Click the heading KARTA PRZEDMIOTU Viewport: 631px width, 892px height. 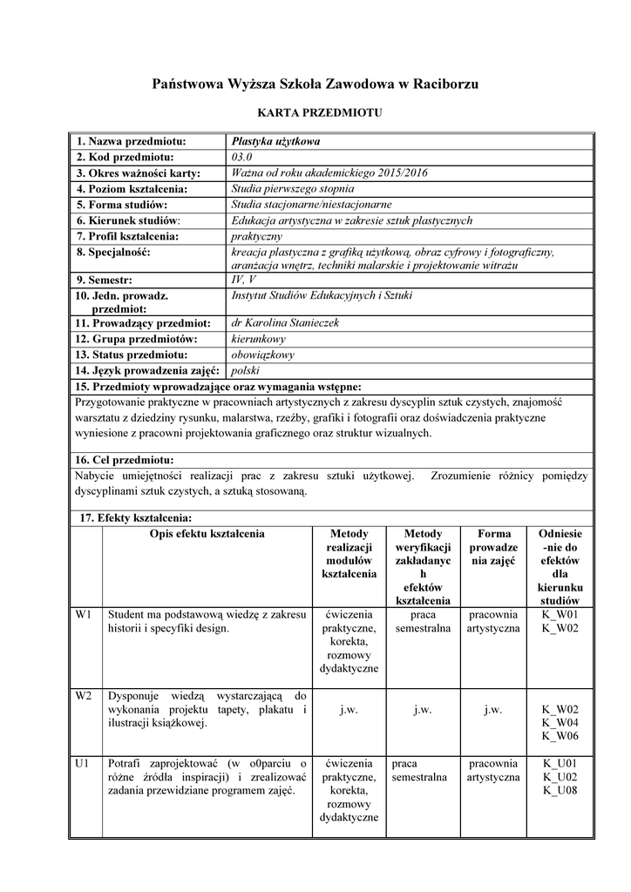click(x=315, y=113)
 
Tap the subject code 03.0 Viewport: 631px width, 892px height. click(x=241, y=157)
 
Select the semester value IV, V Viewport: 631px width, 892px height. click(x=244, y=280)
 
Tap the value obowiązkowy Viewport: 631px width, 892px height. click(x=263, y=355)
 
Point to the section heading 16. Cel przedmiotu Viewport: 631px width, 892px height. click(x=125, y=459)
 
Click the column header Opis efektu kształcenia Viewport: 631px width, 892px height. click(x=207, y=533)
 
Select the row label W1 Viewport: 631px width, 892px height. click(x=84, y=615)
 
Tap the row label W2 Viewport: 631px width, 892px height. click(x=84, y=696)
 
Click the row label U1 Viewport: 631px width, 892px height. click(x=83, y=763)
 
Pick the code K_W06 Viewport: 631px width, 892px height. click(x=560, y=736)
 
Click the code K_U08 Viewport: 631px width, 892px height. click(x=560, y=791)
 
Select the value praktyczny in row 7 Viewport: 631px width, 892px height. click(x=256, y=236)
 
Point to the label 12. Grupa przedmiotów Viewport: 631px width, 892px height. click(x=137, y=338)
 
